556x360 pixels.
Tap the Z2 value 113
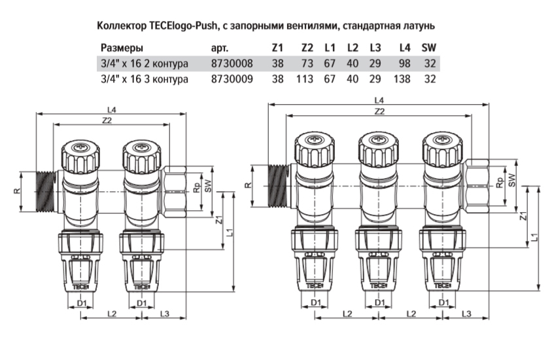[x=304, y=79]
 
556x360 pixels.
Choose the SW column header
[x=428, y=48]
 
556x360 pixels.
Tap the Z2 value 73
[x=307, y=64]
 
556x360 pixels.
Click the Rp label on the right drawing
[x=499, y=185]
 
